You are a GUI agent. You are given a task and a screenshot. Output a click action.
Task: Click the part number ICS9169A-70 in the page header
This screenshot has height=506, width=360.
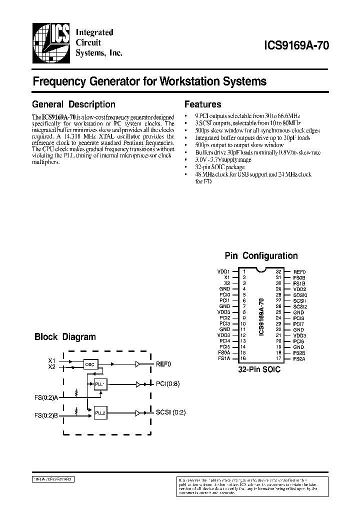[x=296, y=44]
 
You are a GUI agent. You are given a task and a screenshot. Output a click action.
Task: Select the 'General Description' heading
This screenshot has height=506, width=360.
[x=73, y=104]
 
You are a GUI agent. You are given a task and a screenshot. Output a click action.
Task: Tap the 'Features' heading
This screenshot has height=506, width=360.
[x=202, y=104]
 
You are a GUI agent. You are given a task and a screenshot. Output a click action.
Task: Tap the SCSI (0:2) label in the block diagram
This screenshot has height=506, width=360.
[x=171, y=413]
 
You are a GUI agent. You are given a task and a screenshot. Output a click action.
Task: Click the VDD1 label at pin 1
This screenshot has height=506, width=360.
[x=223, y=271]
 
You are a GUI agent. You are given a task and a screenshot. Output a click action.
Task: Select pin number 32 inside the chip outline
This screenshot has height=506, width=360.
[x=278, y=271]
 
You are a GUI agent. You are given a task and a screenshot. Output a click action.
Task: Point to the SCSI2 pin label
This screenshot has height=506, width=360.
[x=300, y=306]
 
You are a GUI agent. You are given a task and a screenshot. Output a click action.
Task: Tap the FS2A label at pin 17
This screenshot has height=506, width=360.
[x=299, y=358]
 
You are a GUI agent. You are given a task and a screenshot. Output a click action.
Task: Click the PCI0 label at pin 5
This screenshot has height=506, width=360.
[x=224, y=294]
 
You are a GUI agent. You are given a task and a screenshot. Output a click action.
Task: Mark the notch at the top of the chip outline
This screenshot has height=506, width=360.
[x=260, y=270]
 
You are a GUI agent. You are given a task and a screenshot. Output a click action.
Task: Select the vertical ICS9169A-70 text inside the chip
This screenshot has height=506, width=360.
[x=260, y=316]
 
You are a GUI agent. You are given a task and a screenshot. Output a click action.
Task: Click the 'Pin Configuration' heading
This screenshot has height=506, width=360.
[x=261, y=255]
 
